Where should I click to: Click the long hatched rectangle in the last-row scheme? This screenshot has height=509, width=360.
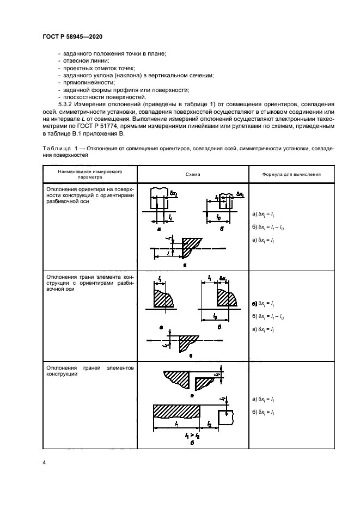click(x=176, y=412)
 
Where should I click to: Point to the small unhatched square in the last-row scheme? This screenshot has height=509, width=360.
click(x=225, y=418)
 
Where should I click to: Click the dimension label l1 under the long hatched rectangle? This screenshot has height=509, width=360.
click(x=172, y=423)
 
